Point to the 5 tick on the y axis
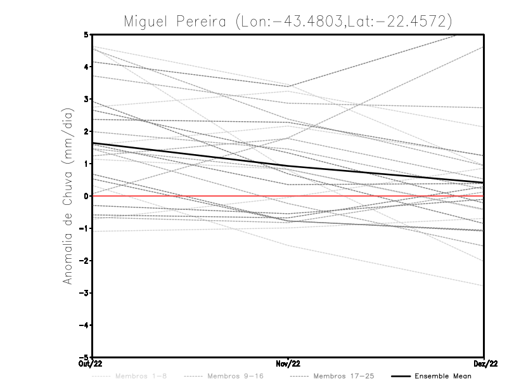86,34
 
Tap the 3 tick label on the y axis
86,100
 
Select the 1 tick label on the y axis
86,164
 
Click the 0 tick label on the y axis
86,196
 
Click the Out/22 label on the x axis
92,363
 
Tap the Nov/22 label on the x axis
288,363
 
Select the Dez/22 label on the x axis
484,363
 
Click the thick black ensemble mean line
190,155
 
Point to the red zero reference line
380,196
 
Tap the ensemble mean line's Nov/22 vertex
288,166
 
